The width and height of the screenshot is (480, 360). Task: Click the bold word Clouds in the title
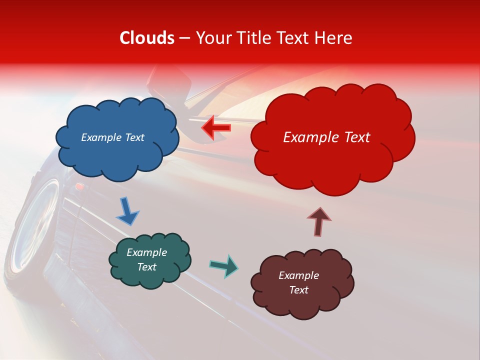tap(147, 38)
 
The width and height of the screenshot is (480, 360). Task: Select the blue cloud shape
tap(117, 137)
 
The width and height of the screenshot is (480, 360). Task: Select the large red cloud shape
tap(332, 137)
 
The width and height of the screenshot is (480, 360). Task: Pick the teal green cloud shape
tap(150, 260)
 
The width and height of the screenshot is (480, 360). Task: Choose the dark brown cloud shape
tap(302, 282)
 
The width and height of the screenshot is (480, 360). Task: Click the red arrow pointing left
tap(216, 128)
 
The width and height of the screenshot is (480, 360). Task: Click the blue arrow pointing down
tap(127, 211)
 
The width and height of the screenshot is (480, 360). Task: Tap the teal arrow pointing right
tap(223, 265)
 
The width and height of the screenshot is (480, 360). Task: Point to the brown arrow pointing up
tap(319, 221)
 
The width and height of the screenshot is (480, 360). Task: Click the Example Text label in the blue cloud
tap(112, 137)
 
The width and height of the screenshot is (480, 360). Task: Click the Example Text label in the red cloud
tap(326, 137)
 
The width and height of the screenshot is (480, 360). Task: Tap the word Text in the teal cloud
tap(147, 267)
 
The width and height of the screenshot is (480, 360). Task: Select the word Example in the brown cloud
tap(298, 275)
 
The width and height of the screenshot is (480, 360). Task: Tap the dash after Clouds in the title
tap(184, 38)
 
